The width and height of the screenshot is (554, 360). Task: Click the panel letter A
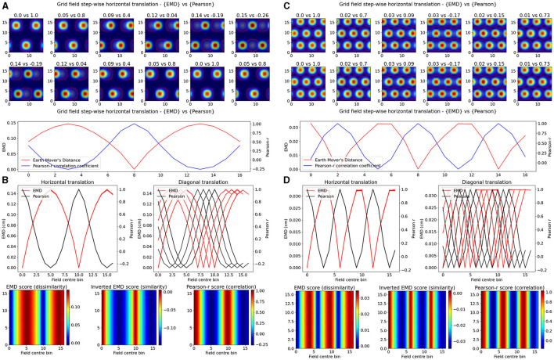(x=5, y=5)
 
